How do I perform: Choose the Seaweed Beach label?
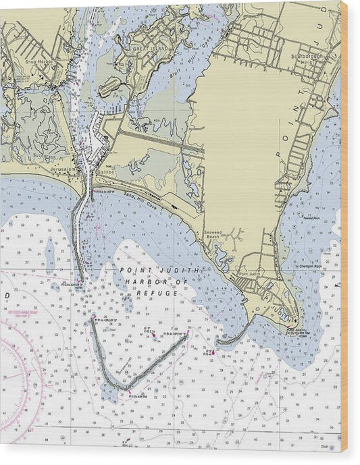[x=214, y=237]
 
